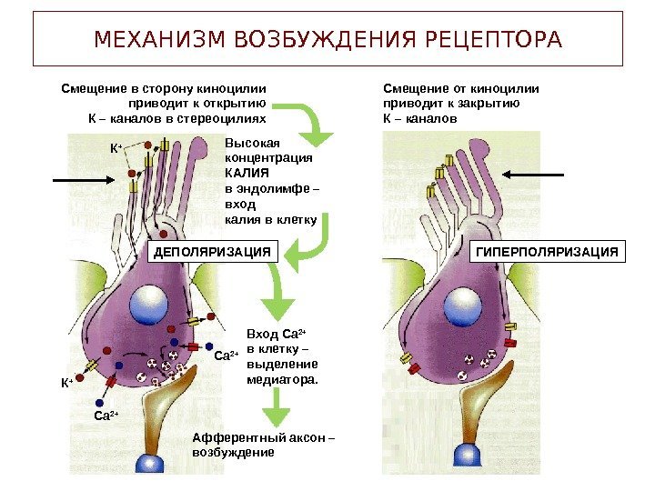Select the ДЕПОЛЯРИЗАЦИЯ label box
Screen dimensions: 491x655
(x=212, y=252)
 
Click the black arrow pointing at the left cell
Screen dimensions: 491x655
(x=82, y=182)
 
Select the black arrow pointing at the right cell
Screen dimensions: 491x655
(x=534, y=173)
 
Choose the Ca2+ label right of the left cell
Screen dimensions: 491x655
(x=225, y=356)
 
